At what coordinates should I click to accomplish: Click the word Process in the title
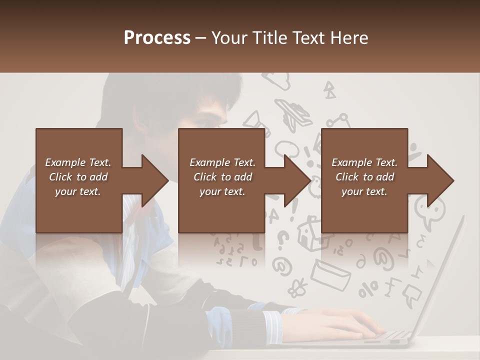(x=157, y=38)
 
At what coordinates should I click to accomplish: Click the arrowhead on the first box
(x=154, y=180)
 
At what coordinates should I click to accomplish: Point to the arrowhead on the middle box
(x=296, y=180)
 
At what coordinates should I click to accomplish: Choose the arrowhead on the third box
(x=439, y=180)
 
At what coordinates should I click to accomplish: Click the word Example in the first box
(x=65, y=162)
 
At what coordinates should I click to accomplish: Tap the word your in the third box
(x=351, y=191)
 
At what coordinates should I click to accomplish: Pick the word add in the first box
(x=98, y=177)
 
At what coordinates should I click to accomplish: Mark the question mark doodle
(x=283, y=239)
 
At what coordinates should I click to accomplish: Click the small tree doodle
(x=329, y=90)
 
